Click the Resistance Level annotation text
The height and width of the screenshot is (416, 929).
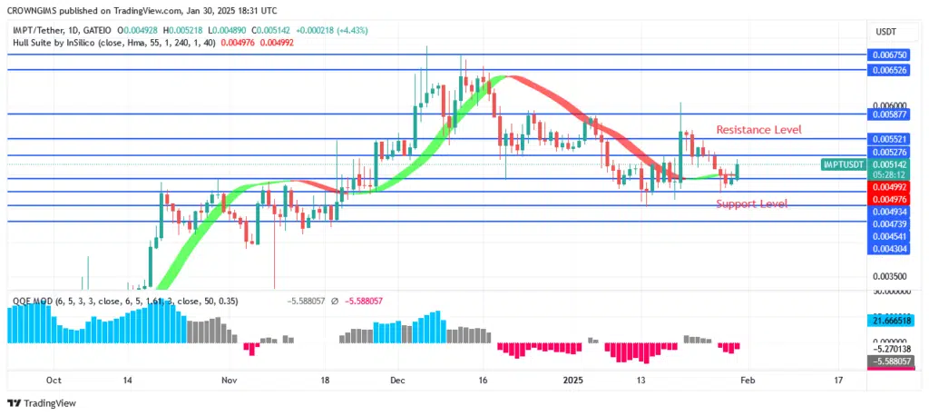(x=758, y=130)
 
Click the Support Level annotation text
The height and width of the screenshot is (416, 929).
(x=751, y=203)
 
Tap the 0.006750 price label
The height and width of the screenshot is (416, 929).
(x=888, y=55)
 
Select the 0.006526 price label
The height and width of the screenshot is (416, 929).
(x=888, y=70)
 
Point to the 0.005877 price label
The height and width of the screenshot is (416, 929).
(x=888, y=115)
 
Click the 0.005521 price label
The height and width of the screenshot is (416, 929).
(x=888, y=139)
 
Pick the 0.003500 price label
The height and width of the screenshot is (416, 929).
(x=888, y=276)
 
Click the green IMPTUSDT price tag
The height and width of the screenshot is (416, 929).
(x=843, y=164)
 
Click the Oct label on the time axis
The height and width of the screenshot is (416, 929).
(x=54, y=381)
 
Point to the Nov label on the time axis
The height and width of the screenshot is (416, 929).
(x=230, y=381)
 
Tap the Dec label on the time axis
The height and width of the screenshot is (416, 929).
(x=397, y=381)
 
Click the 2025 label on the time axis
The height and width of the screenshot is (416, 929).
(x=572, y=381)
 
